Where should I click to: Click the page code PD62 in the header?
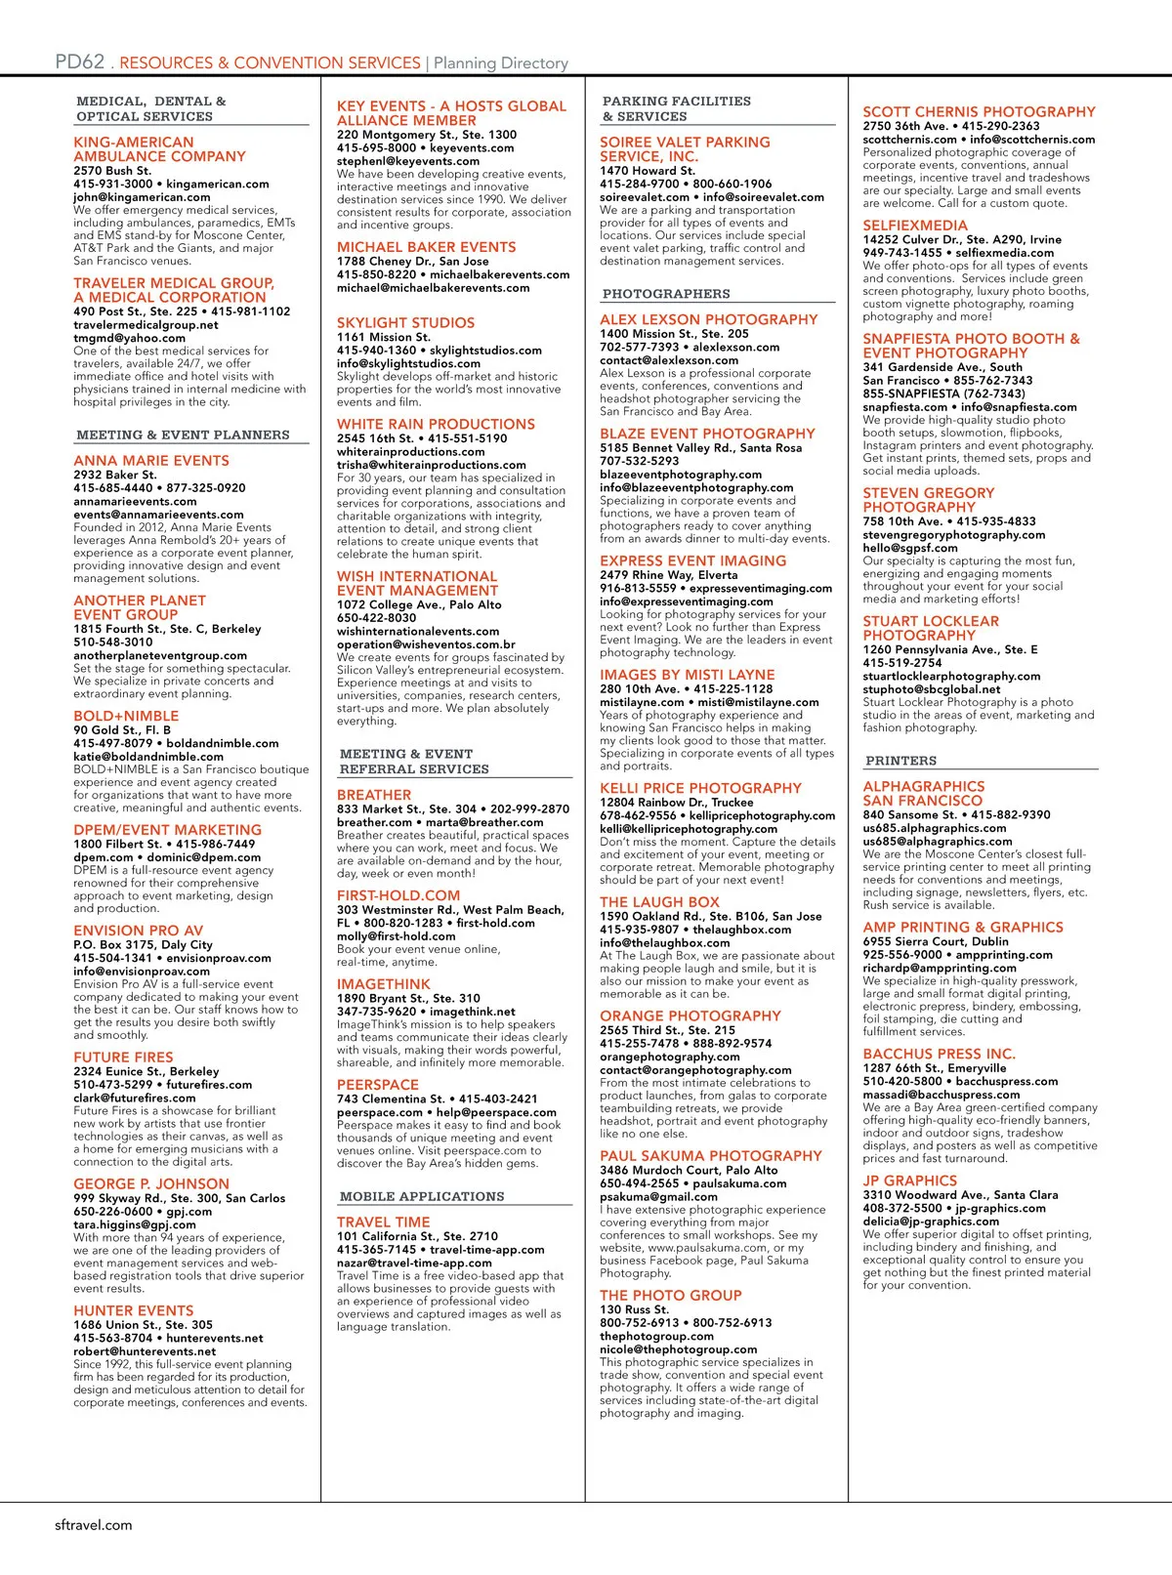pyautogui.click(x=79, y=62)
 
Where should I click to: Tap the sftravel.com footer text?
pyautogui.click(x=93, y=1524)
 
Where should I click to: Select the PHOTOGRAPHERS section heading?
pyautogui.click(x=666, y=294)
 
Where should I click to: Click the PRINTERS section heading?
pyautogui.click(x=900, y=761)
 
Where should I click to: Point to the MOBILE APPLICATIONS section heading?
pyautogui.click(x=422, y=1196)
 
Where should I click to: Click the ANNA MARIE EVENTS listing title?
pyautogui.click(x=151, y=461)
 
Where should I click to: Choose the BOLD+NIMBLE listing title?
pyautogui.click(x=126, y=716)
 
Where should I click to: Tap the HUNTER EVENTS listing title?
pyautogui.click(x=134, y=1310)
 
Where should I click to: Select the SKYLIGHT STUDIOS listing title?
pyautogui.click(x=405, y=323)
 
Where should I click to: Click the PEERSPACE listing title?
pyautogui.click(x=377, y=1085)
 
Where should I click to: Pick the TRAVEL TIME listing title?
pyautogui.click(x=383, y=1222)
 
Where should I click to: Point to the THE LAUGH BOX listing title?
pyautogui.click(x=659, y=902)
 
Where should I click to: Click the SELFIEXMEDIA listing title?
pyautogui.click(x=915, y=226)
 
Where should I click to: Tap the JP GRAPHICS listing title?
pyautogui.click(x=909, y=1181)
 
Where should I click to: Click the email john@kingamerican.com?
pyautogui.click(x=142, y=197)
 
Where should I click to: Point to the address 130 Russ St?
pyautogui.click(x=634, y=1309)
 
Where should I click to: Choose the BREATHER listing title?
pyautogui.click(x=374, y=795)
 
